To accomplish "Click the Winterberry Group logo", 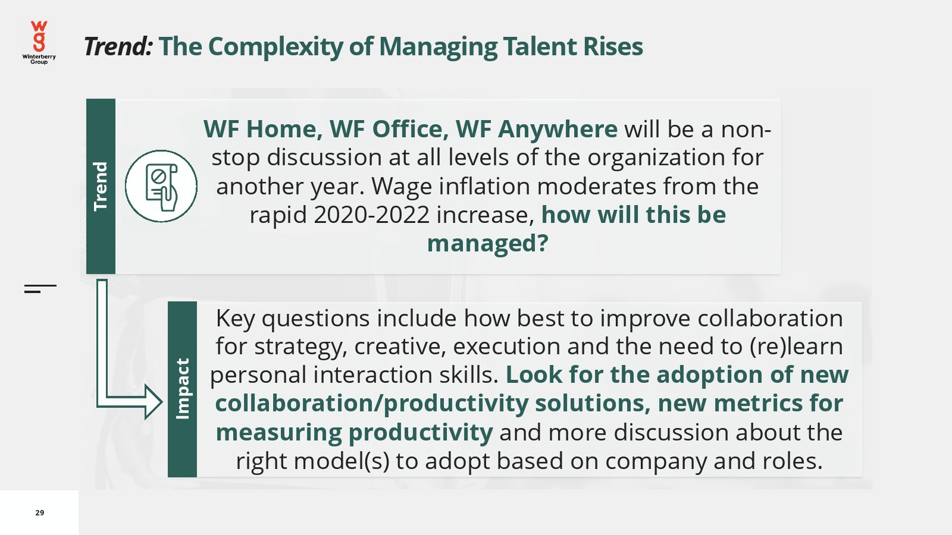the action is point(39,42).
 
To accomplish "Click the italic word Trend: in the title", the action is point(118,46).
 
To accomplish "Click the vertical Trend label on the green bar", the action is point(101,187).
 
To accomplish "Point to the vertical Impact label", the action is point(182,389).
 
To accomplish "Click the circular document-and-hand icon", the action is point(161,186).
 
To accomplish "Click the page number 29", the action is point(39,512).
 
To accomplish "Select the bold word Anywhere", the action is point(558,129).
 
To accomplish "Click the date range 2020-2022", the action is point(372,215).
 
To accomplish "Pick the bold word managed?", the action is point(487,244).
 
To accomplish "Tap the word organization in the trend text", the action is point(656,158).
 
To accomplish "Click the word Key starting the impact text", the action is point(235,319).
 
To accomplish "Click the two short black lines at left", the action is point(40,289).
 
